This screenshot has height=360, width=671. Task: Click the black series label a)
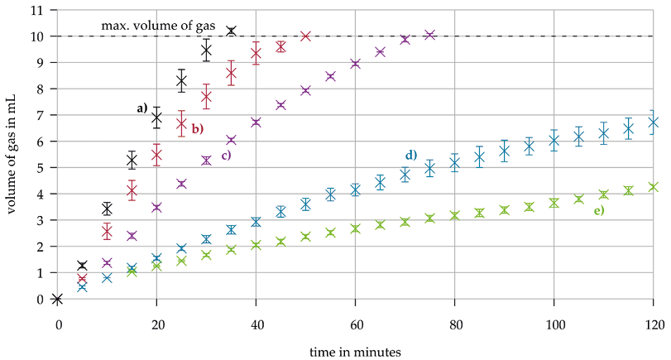(141, 108)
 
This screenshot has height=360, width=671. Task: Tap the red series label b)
(198, 128)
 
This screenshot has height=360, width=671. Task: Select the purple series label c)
(225, 155)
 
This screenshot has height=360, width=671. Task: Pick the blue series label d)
(410, 156)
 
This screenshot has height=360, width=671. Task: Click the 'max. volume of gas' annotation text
(158, 26)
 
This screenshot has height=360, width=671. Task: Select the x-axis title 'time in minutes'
(355, 351)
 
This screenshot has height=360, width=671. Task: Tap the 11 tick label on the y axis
(36, 10)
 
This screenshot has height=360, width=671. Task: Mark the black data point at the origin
(57, 299)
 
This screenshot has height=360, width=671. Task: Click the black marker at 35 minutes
(231, 31)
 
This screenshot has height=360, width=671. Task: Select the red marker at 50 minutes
(305, 36)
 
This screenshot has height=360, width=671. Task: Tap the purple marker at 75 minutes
(429, 35)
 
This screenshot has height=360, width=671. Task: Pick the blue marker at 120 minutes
(654, 122)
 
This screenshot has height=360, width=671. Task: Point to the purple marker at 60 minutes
(356, 64)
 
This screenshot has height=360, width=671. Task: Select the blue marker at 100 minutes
(554, 141)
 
